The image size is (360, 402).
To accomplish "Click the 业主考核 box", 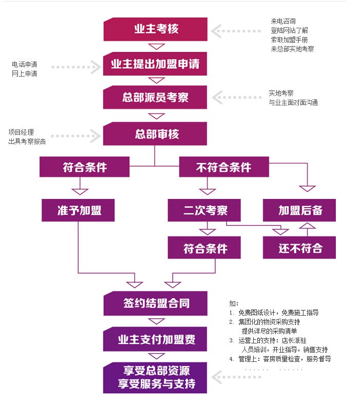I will coord(156,29).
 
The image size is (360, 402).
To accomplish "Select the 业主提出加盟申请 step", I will coord(156,64).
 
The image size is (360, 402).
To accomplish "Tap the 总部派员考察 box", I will coord(156,97).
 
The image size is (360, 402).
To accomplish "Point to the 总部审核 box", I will coord(156,134).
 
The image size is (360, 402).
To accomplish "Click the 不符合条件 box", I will coord(223,168).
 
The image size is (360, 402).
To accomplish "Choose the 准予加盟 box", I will coord(79,210).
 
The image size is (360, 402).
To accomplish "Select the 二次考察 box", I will coord(205,210).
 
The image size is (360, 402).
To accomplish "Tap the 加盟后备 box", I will coord(300,210).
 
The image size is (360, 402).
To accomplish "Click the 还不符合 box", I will coord(300,247).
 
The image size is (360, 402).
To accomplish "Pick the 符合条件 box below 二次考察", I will coord(205,248).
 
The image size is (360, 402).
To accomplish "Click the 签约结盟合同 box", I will coord(156,303).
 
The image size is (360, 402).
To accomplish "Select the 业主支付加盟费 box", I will coord(156,340).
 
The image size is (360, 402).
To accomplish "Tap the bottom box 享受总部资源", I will coord(156,377).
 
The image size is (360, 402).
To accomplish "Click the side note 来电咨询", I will coord(283,21).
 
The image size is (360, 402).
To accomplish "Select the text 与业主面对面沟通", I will coord(293,102).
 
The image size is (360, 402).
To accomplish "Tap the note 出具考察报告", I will coord(27,141).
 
